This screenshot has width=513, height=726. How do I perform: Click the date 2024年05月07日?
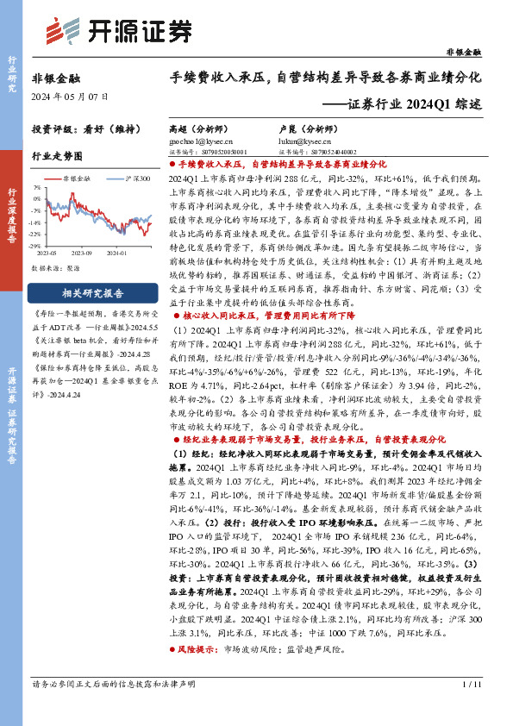click(66, 97)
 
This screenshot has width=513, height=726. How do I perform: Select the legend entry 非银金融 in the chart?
click(78, 175)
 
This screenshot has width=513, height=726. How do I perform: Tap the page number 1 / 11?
click(472, 709)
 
